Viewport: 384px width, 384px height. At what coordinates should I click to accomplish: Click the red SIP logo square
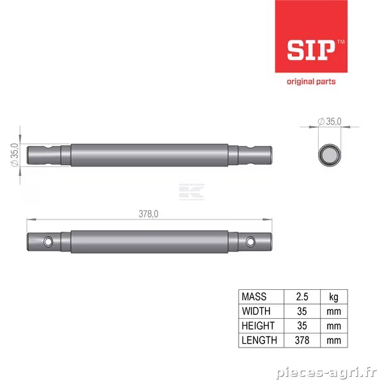point(311,36)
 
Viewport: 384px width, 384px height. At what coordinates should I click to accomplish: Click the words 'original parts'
point(311,81)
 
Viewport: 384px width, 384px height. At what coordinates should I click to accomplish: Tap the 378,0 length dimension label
point(148,214)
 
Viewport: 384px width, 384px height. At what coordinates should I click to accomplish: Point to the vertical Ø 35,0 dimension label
point(15,155)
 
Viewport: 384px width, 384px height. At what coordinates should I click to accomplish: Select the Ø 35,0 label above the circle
point(330,121)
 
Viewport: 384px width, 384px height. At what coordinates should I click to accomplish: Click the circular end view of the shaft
point(330,155)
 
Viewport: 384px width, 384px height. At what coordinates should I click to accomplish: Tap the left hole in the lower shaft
point(48,242)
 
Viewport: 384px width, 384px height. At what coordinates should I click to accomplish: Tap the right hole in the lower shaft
point(250,242)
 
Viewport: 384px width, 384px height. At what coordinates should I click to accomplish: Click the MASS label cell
point(254,296)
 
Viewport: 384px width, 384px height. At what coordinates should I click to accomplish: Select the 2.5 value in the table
point(302,296)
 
